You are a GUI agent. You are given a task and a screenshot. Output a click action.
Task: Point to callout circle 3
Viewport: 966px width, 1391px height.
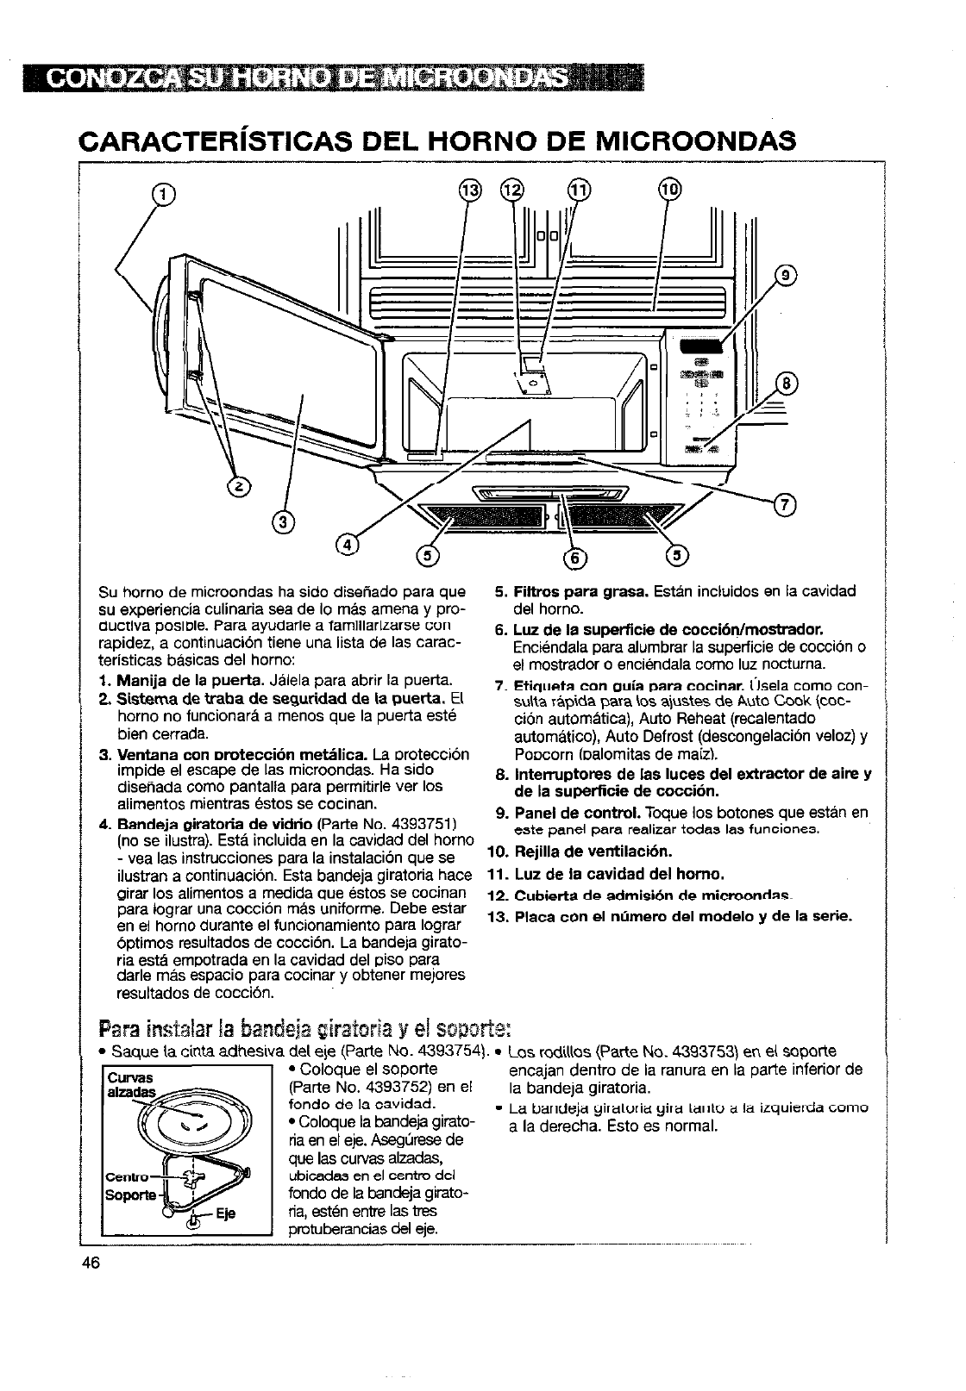(282, 520)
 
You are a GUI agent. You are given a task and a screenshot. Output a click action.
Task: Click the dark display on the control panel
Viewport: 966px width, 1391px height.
(694, 346)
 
